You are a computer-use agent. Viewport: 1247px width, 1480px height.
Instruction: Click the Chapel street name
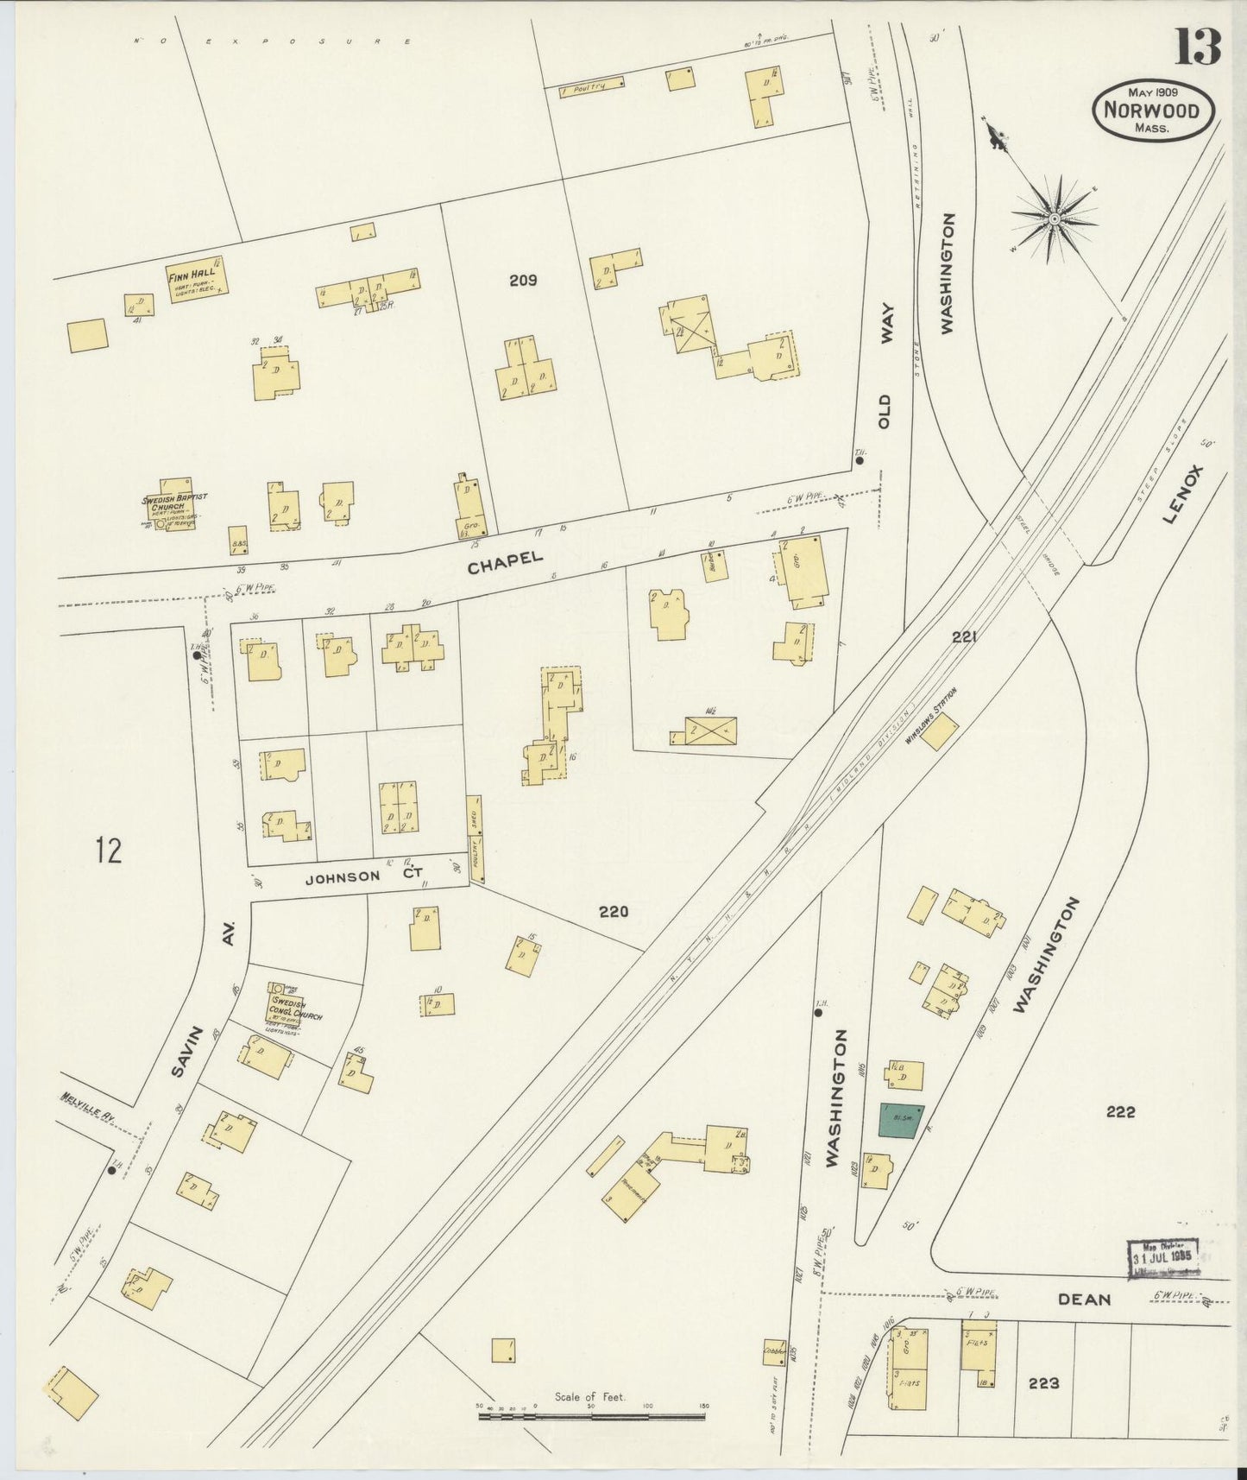click(506, 563)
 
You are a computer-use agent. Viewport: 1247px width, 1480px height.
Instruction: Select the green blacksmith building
click(901, 1120)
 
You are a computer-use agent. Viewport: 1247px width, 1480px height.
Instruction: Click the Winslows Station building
click(940, 731)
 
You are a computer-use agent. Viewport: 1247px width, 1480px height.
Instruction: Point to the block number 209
click(523, 280)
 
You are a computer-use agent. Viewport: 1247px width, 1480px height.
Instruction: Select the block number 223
click(1043, 1382)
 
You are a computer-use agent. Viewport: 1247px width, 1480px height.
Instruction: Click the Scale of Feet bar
click(591, 1417)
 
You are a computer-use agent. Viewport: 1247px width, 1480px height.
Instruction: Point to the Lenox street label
click(1182, 494)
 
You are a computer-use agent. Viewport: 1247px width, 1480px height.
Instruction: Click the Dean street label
click(1084, 1299)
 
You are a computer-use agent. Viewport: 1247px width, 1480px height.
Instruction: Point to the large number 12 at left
click(109, 851)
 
